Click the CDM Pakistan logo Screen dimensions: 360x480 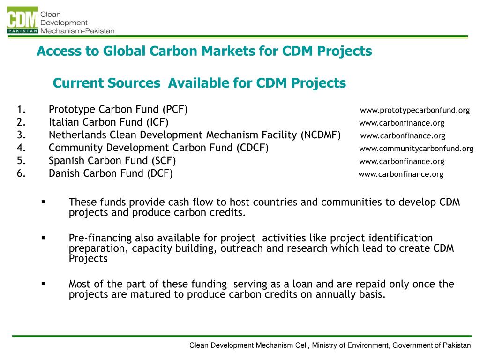point(22,21)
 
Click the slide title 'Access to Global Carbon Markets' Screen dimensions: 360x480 point(204,51)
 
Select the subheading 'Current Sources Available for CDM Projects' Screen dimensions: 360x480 point(199,83)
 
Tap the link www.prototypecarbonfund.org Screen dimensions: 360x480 point(415,110)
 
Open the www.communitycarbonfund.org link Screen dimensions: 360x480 point(416,149)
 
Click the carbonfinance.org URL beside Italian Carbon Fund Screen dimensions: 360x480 point(402,123)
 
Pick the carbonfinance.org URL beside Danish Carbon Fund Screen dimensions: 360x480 point(401,174)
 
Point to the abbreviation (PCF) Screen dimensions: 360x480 point(175,110)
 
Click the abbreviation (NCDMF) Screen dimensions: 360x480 point(322,135)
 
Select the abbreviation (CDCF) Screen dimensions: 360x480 point(253,148)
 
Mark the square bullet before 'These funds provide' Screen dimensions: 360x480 point(43,202)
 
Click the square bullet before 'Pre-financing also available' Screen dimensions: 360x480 point(43,238)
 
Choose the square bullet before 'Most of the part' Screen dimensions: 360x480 point(43,284)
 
